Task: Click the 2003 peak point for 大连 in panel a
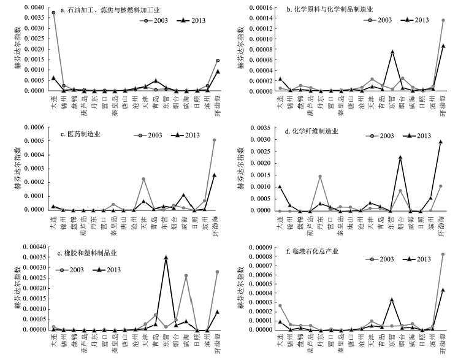pos(53,12)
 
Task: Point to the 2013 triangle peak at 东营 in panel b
pos(392,52)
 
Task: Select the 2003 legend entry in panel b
pos(377,20)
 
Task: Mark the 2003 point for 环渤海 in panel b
pos(443,20)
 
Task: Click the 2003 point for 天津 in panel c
pos(143,179)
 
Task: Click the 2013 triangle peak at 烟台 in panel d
pos(400,158)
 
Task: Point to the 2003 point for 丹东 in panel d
pos(320,177)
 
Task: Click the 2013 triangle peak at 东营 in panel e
pos(166,258)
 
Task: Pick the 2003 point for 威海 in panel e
pos(186,275)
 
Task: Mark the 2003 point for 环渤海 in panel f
pos(443,255)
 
